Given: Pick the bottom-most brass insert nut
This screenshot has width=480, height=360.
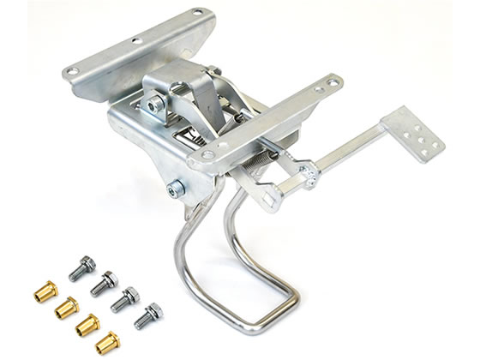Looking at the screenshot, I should tap(108, 340).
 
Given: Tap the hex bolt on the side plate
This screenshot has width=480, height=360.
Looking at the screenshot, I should tap(175, 188).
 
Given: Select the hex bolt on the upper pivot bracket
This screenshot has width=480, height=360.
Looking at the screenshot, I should tap(155, 105).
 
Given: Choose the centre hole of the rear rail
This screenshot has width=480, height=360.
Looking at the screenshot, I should tap(135, 41).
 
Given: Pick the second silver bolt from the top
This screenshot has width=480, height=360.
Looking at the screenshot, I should tap(105, 280).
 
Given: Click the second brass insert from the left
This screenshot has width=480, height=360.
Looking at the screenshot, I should tap(66, 307).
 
